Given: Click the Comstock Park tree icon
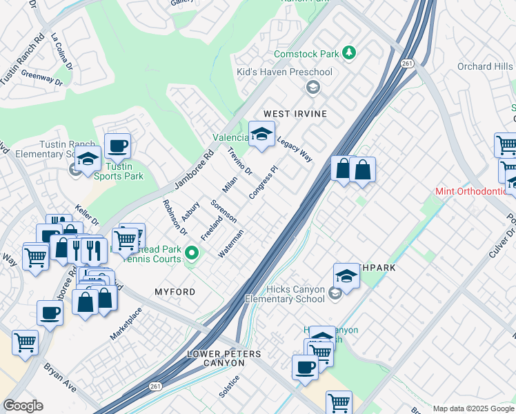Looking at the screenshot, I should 350,53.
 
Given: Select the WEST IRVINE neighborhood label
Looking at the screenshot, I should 295,113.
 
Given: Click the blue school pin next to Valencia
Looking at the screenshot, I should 261,135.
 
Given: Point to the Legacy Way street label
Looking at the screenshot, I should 295,149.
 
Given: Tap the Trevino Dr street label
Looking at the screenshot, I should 240,161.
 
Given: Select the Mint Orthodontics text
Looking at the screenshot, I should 475,191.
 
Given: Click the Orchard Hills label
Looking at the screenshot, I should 486,67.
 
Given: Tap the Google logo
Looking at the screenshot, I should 23,406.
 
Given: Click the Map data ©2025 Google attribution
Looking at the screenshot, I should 473,408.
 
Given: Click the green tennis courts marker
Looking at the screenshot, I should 192,259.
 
